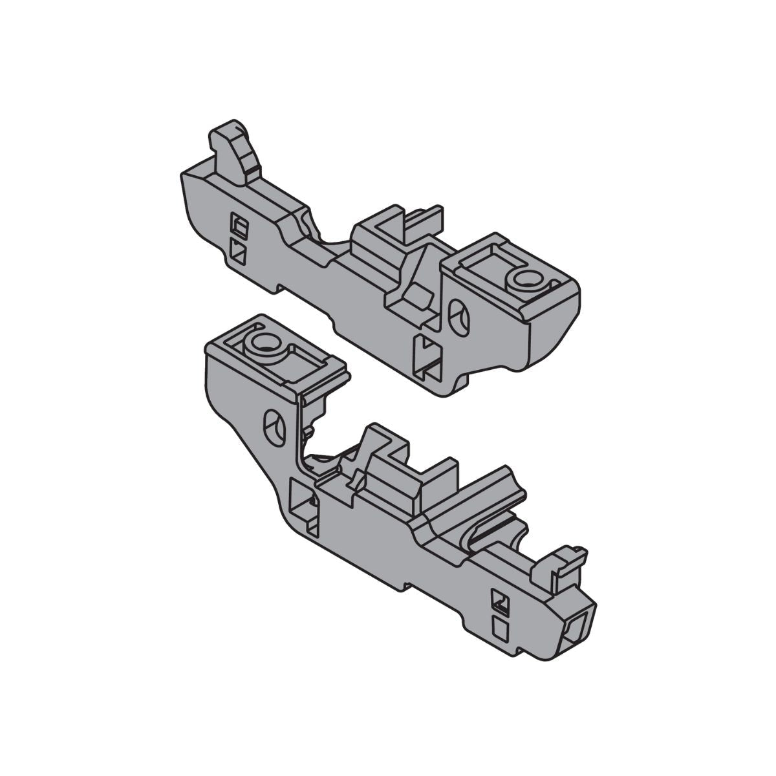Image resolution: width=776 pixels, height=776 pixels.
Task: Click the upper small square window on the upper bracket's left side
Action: [x=239, y=226]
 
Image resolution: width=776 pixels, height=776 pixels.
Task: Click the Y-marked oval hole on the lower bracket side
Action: [x=275, y=427]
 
